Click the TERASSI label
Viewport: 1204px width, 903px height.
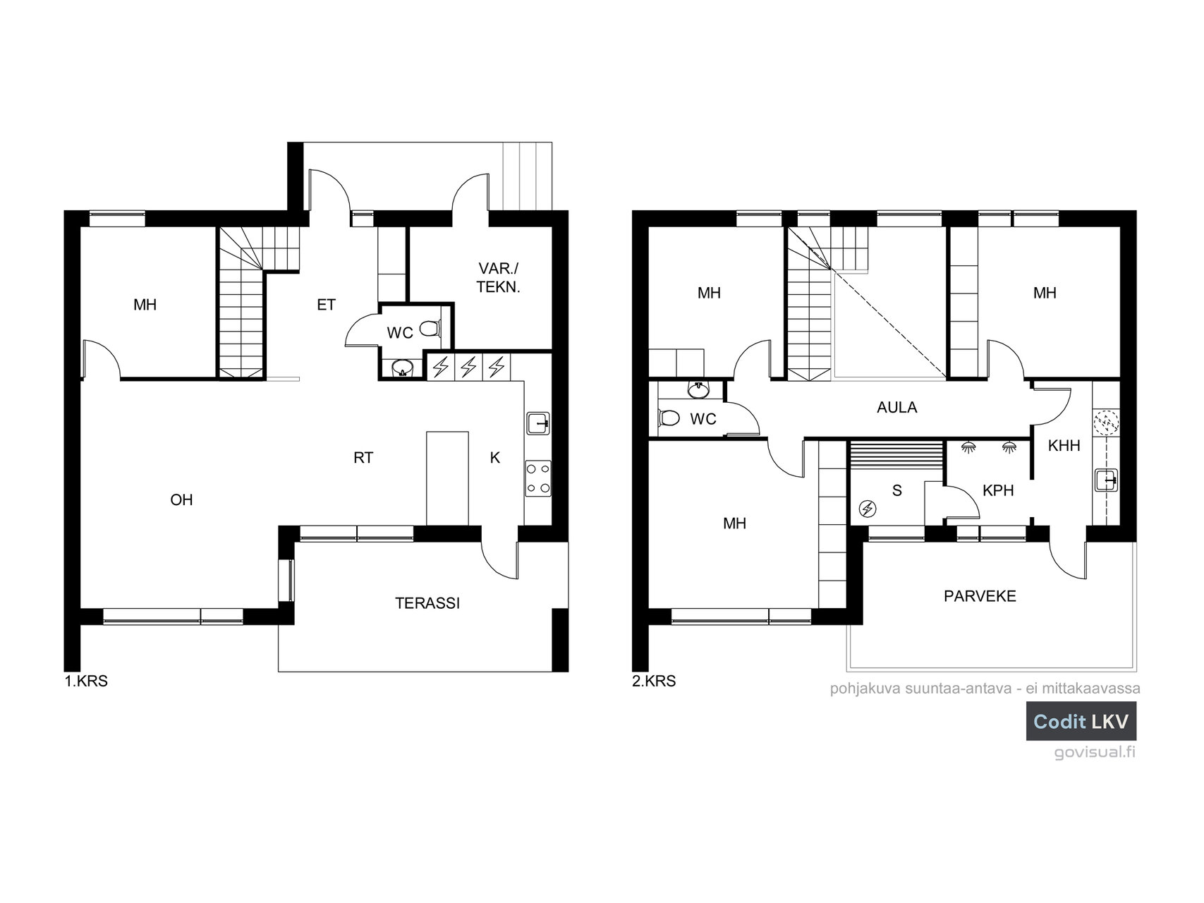coord(427,603)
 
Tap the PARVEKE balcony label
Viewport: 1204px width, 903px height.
coord(980,596)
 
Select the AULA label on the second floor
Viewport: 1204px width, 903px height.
coord(897,408)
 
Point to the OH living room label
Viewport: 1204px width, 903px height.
coord(181,500)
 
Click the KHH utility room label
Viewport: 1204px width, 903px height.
coord(1064,446)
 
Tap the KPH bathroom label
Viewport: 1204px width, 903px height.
coord(998,490)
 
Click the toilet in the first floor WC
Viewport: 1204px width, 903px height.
coord(430,329)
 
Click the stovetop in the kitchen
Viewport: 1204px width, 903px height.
coord(539,478)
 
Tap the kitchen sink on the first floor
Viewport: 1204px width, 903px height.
coord(539,423)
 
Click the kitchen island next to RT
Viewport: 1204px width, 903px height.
coord(447,478)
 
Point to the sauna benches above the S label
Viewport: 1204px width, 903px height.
coord(896,451)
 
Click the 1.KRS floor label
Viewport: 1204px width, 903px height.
coord(86,682)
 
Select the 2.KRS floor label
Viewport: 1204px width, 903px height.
coord(654,682)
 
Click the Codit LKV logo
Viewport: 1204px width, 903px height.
coord(1081,721)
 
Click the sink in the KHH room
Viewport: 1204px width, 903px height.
coord(1107,480)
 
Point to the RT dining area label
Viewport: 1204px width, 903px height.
coord(363,459)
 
